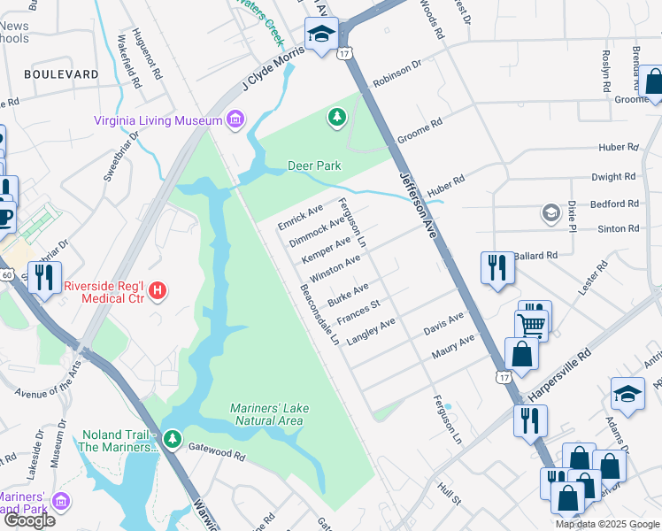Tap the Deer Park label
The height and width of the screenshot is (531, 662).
(314, 165)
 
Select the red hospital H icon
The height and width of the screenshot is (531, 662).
(158, 289)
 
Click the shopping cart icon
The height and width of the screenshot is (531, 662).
(532, 325)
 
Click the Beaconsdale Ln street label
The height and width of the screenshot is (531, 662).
(319, 315)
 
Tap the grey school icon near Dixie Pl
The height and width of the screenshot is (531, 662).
(551, 213)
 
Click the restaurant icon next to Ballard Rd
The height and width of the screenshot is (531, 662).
(496, 267)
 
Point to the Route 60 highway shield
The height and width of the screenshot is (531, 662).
(6, 275)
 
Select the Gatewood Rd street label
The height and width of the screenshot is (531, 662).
(216, 452)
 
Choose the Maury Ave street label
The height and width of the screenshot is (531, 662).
(452, 346)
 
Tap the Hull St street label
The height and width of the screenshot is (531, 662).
(450, 493)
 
